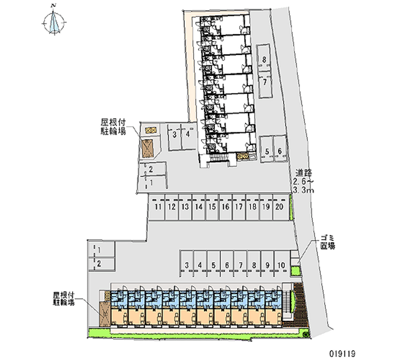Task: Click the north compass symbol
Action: pos(53,22)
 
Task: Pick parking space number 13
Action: pos(185,207)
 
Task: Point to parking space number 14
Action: pos(198,207)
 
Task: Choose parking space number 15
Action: pos(212,207)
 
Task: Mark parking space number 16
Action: pos(225,207)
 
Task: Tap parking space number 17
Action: pos(239,207)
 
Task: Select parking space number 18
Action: pos(252,207)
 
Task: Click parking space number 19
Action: pos(266,207)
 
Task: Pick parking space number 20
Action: pos(279,207)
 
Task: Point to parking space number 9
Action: pos(267,265)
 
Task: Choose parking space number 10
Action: pos(281,265)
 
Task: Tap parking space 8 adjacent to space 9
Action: pos(254,265)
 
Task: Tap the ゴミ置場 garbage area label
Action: pos(327,243)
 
